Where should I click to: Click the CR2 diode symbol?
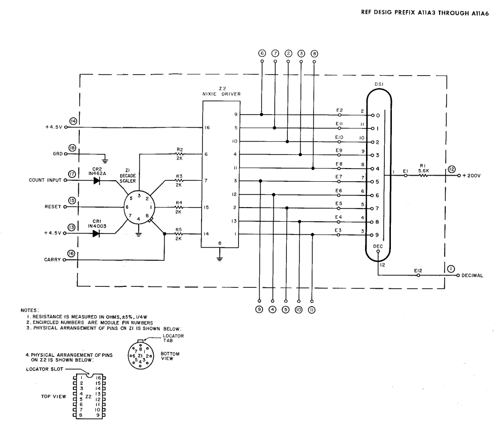click(x=96, y=180)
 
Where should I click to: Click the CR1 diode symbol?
click(x=96, y=234)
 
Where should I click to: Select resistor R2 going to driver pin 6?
click(x=179, y=154)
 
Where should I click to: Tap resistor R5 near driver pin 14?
click(x=179, y=234)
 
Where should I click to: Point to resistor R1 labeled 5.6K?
click(x=423, y=175)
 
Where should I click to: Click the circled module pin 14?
click(x=74, y=121)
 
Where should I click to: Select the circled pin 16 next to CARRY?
click(x=72, y=253)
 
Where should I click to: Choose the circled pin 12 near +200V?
click(x=451, y=170)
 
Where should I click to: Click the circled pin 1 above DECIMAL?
click(x=451, y=269)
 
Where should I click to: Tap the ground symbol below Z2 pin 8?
click(x=219, y=258)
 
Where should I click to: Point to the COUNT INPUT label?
click(x=45, y=180)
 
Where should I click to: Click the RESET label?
click(x=53, y=207)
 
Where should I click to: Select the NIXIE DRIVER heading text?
click(x=222, y=94)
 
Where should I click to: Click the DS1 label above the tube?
click(x=379, y=84)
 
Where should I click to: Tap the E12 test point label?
click(x=418, y=271)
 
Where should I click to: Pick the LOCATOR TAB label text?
click(x=173, y=338)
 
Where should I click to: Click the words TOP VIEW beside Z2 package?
click(x=53, y=396)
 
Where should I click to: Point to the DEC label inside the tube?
click(x=378, y=247)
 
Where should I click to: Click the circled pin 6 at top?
click(x=262, y=54)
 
